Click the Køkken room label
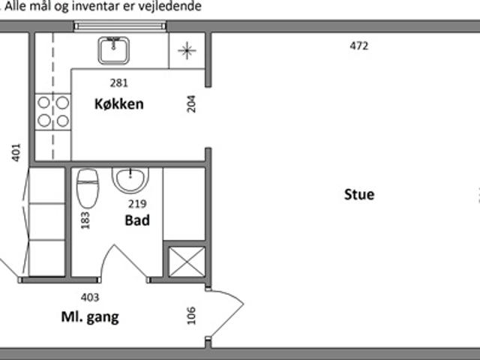118,104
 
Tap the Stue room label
359,195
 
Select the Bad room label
137,220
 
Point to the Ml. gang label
90,317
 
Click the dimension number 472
358,46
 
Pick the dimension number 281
118,82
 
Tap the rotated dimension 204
191,104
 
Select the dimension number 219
137,203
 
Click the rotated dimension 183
85,220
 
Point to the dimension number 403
90,297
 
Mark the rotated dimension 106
191,316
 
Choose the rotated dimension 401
16,152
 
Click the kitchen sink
113,50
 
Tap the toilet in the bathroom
88,188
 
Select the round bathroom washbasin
130,181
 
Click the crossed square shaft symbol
187,262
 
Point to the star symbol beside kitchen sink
187,50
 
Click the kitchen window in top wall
120,26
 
